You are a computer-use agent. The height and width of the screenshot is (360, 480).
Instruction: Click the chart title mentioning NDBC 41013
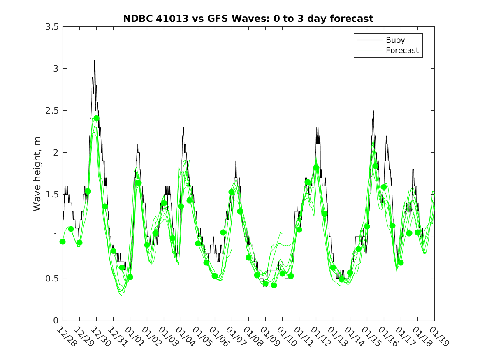pyautogui.click(x=248, y=19)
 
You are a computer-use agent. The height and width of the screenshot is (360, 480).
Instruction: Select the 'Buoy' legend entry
pyautogui.click(x=395, y=40)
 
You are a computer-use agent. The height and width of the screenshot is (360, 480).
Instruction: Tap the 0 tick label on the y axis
pyautogui.click(x=56, y=321)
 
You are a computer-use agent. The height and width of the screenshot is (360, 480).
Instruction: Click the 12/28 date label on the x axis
pyautogui.click(x=66, y=337)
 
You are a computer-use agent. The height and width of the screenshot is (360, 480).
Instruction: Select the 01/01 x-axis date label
pyautogui.click(x=134, y=337)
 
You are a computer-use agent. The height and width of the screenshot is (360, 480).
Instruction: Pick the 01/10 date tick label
pyautogui.click(x=286, y=337)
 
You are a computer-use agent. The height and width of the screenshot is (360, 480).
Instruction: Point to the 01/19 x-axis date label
pyautogui.click(x=438, y=337)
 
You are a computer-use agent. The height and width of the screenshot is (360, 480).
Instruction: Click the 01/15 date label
pyautogui.click(x=370, y=337)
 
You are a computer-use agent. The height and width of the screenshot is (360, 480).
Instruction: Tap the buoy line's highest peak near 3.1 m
pyautogui.click(x=94, y=60)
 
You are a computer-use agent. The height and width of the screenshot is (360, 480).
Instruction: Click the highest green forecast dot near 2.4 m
pyautogui.click(x=96, y=118)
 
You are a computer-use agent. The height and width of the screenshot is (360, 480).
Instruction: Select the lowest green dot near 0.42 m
pyautogui.click(x=274, y=285)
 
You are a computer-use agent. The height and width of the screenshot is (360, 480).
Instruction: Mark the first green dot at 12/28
pyautogui.click(x=63, y=242)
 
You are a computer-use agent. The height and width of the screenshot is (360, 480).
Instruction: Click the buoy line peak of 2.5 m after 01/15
pyautogui.click(x=373, y=111)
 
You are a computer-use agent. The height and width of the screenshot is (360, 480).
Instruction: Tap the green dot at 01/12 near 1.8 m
pyautogui.click(x=316, y=167)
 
